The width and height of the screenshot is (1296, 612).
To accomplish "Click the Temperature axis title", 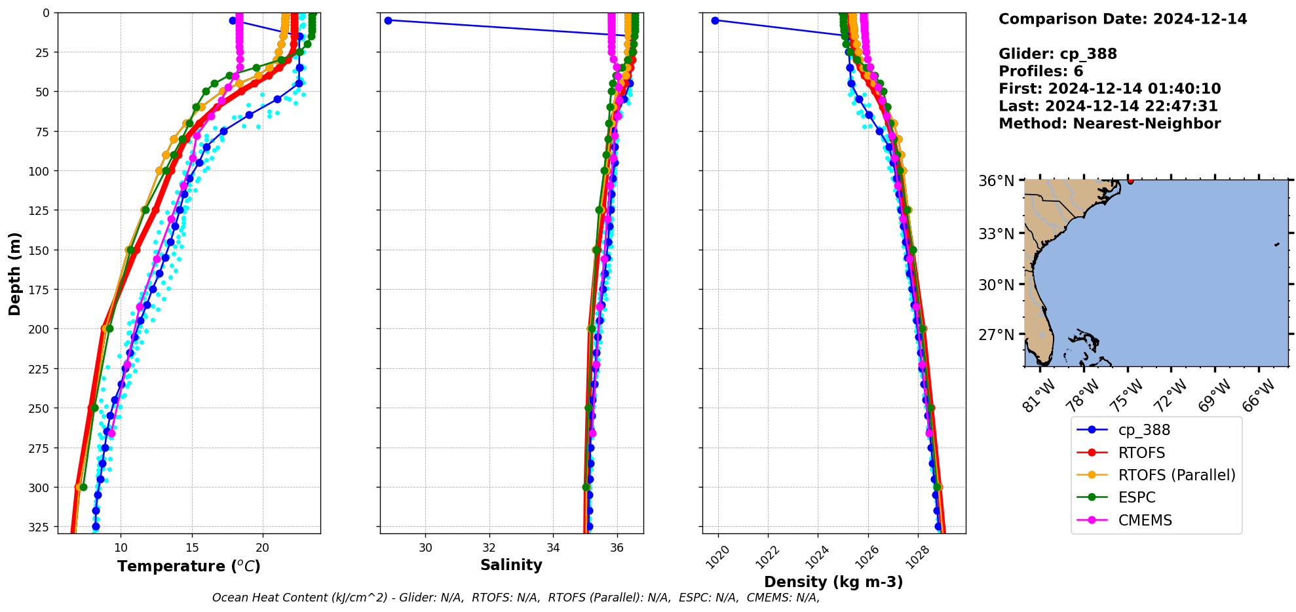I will pyautogui.click(x=189, y=566).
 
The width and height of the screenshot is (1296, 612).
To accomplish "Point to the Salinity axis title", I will pyautogui.click(x=511, y=565).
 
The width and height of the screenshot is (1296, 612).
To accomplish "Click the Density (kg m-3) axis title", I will pyautogui.click(x=833, y=582).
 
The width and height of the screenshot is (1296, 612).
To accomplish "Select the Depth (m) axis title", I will pyautogui.click(x=15, y=273).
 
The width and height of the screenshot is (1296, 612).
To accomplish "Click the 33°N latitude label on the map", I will pyautogui.click(x=997, y=234).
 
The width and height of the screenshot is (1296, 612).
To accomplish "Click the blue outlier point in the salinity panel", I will pyautogui.click(x=388, y=20).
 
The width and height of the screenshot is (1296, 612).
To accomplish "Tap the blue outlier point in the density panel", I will pyautogui.click(x=715, y=20).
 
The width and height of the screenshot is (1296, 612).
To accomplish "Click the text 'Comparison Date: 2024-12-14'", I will pyautogui.click(x=1122, y=19).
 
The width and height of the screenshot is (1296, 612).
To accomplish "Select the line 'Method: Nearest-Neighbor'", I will pyautogui.click(x=1109, y=124).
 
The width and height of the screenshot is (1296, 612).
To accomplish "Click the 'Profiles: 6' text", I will pyautogui.click(x=1040, y=71).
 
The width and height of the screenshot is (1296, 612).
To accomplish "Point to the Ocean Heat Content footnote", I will pyautogui.click(x=516, y=598).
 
